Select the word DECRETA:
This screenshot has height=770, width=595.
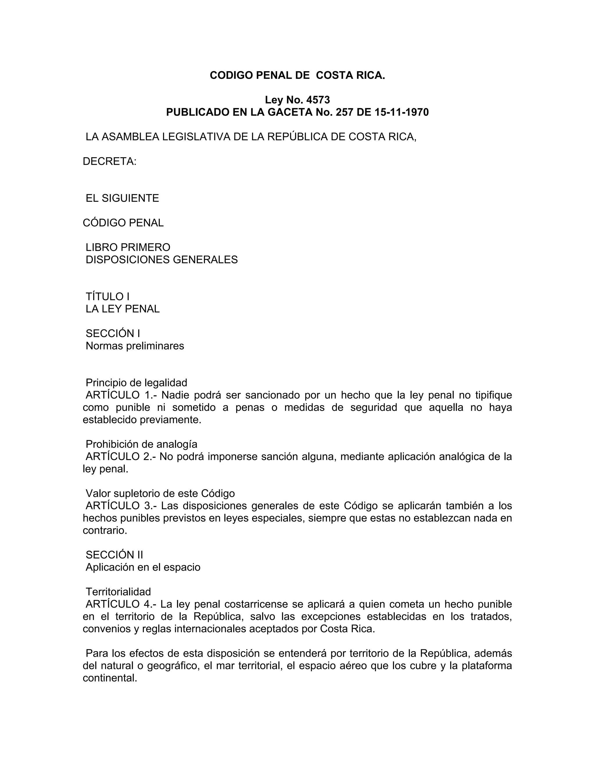[x=109, y=162]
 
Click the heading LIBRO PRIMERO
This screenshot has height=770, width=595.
[x=128, y=247]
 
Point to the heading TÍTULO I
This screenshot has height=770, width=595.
[x=107, y=296]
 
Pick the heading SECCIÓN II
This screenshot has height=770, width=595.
[x=114, y=555]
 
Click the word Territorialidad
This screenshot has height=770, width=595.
[x=118, y=592]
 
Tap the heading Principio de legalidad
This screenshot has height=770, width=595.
[x=137, y=383]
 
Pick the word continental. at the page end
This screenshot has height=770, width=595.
[x=110, y=678]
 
